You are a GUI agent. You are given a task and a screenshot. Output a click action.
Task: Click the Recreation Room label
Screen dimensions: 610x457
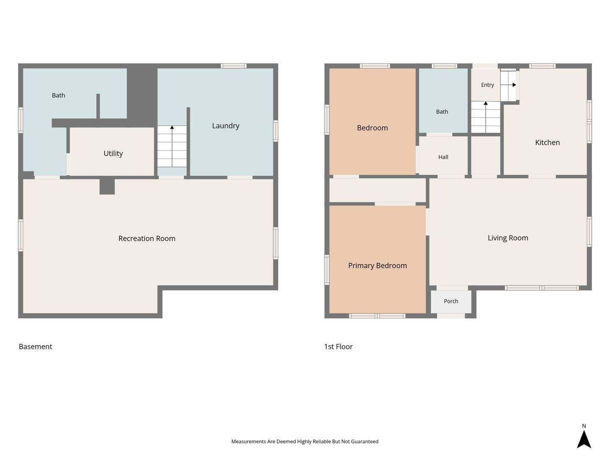(x=147, y=238)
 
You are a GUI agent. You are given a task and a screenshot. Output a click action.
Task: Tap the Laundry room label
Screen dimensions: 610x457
(x=226, y=126)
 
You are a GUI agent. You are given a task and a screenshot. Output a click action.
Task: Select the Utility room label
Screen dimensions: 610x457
(x=113, y=154)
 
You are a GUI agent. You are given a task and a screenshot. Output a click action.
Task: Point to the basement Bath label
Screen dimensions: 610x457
(x=58, y=96)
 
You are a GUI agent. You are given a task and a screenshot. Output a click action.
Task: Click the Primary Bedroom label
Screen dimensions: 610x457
(x=377, y=266)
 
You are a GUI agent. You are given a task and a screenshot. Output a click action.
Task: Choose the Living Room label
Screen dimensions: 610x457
(x=508, y=238)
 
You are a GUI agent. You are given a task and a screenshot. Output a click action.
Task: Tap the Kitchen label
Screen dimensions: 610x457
(x=547, y=143)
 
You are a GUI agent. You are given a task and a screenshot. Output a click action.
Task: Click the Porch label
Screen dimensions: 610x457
(x=451, y=301)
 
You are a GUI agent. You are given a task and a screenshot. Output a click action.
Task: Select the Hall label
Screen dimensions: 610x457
(x=443, y=157)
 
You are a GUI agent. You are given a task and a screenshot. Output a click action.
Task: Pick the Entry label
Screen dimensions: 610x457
(x=488, y=85)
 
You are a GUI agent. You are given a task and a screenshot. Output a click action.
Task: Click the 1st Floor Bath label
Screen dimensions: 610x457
(x=442, y=112)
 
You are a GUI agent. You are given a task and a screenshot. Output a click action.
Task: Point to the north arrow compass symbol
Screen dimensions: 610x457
(x=584, y=439)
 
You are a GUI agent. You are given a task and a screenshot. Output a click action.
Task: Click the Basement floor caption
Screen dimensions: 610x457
(x=35, y=347)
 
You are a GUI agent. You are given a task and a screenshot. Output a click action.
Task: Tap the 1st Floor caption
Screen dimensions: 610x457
(x=338, y=347)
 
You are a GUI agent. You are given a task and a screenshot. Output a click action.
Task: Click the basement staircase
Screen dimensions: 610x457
(x=172, y=146)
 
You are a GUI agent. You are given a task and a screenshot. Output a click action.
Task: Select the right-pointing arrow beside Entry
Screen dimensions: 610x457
(x=508, y=85)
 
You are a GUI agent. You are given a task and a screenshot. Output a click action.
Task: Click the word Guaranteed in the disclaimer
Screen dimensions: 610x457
(x=364, y=441)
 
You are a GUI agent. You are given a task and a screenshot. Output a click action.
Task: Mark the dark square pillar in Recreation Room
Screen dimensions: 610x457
(x=107, y=187)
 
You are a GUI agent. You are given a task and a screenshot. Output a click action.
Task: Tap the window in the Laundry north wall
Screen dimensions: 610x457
(x=233, y=66)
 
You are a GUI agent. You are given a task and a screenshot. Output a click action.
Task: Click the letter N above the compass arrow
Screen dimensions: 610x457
(x=584, y=426)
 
